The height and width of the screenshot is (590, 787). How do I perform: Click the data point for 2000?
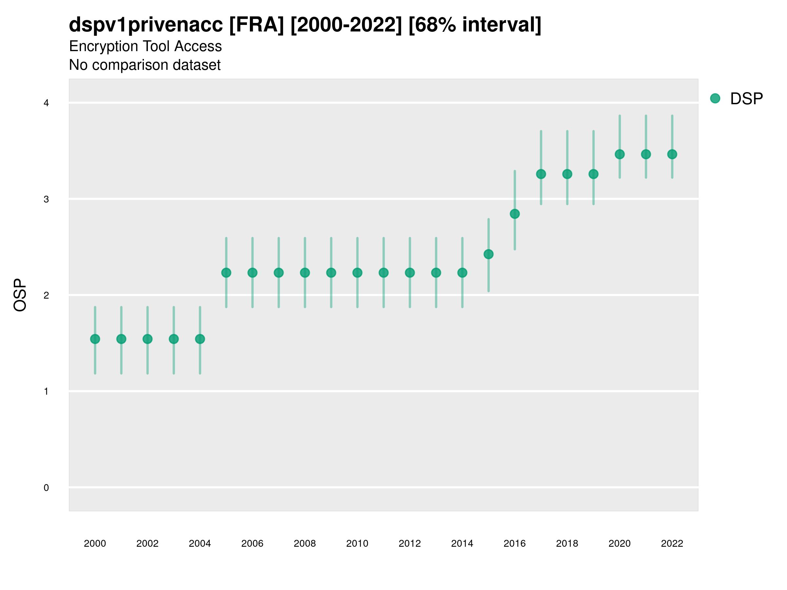(x=95, y=339)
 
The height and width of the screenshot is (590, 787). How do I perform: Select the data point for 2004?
(x=200, y=339)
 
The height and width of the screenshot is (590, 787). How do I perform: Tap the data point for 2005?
(x=226, y=273)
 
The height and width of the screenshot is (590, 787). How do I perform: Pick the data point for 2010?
(x=357, y=273)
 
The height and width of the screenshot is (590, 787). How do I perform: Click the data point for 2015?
(x=489, y=254)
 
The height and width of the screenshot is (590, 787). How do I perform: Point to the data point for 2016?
(x=515, y=214)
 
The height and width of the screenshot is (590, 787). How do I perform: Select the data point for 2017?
(x=541, y=174)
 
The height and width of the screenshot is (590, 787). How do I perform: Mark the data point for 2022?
(x=672, y=154)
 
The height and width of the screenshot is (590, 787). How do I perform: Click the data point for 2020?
(x=620, y=154)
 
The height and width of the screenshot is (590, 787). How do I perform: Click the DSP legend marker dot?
(x=715, y=99)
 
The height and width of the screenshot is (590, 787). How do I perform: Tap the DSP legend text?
(x=746, y=99)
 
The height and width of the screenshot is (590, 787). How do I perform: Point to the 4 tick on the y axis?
(x=46, y=103)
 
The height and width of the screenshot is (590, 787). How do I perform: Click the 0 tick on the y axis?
(x=46, y=488)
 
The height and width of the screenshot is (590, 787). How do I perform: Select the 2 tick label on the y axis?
(x=46, y=296)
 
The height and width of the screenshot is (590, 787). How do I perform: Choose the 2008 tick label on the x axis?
(x=305, y=544)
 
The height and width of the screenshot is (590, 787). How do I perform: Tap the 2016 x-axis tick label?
(x=515, y=544)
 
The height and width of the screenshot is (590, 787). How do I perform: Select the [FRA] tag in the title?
(x=256, y=25)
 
